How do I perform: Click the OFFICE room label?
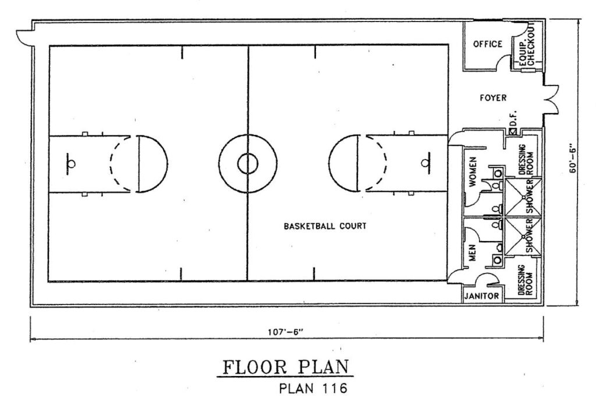pyautogui.click(x=487, y=44)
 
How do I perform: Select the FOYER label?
pyautogui.click(x=493, y=98)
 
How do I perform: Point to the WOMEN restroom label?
pyautogui.click(x=473, y=172)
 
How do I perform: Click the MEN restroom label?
pyautogui.click(x=473, y=253)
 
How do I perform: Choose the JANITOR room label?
pyautogui.click(x=481, y=296)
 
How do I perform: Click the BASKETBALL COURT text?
pyautogui.click(x=325, y=226)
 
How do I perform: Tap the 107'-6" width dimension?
pyautogui.click(x=286, y=332)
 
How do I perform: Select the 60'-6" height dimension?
pyautogui.click(x=573, y=159)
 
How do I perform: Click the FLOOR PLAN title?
pyautogui.click(x=285, y=367)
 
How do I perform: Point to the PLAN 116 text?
pyautogui.click(x=313, y=388)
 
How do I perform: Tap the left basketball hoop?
pyautogui.click(x=71, y=164)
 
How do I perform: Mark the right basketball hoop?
pyautogui.click(x=425, y=164)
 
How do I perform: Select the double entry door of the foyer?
pyautogui.click(x=552, y=99)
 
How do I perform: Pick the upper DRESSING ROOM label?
pyautogui.click(x=526, y=159)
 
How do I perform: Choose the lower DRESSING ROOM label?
pyautogui.click(x=526, y=280)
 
